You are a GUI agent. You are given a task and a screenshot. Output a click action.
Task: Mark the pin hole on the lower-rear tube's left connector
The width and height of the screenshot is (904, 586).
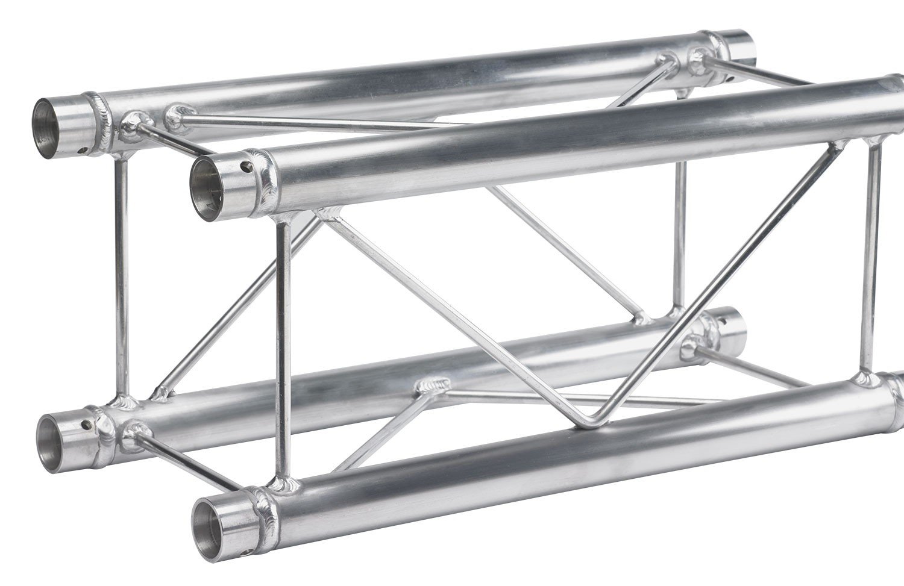[89, 424]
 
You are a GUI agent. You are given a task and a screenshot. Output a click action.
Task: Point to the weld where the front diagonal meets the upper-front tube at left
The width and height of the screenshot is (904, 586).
[328, 214]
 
